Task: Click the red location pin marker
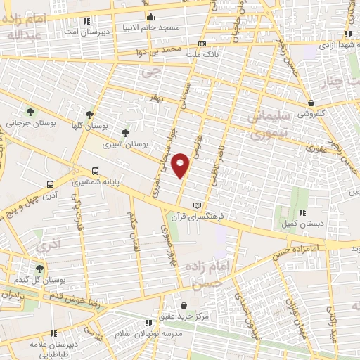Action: (x=181, y=164)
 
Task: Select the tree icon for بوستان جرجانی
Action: (x=30, y=111)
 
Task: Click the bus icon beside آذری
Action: (x=49, y=184)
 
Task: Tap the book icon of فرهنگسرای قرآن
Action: (x=197, y=205)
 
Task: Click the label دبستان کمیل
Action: (x=302, y=224)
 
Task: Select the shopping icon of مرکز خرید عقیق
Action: (x=184, y=306)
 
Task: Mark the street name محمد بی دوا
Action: (x=163, y=52)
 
